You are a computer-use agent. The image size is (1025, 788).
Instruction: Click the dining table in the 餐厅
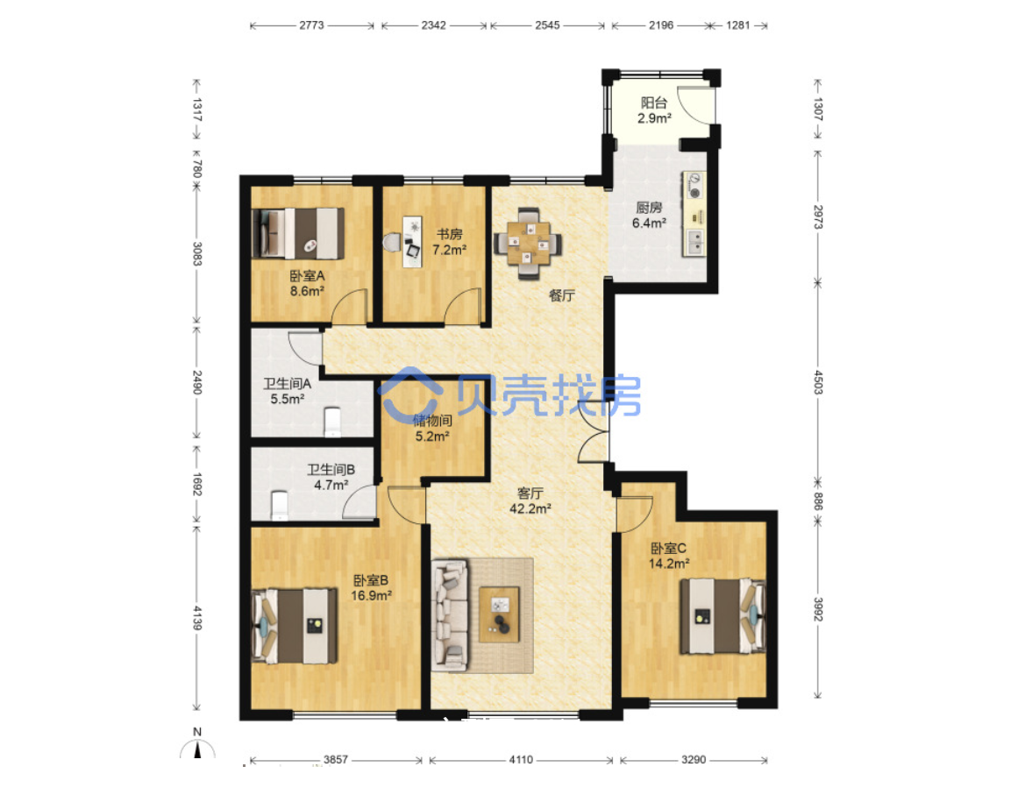pyautogui.click(x=528, y=243)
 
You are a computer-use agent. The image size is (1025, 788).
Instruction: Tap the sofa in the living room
pyautogui.click(x=451, y=614)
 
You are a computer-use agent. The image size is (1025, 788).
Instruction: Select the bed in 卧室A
pyautogui.click(x=299, y=233)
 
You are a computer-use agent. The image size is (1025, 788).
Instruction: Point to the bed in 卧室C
pyautogui.click(x=722, y=615)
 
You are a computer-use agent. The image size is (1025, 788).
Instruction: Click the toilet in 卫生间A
pyautogui.click(x=332, y=422)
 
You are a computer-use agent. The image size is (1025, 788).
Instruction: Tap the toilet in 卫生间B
pyautogui.click(x=280, y=505)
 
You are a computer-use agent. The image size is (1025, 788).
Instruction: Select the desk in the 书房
pyautogui.click(x=412, y=242)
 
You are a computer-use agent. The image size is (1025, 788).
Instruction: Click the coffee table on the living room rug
pyautogui.click(x=500, y=614)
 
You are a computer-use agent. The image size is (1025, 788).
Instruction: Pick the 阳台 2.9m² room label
pyautogui.click(x=654, y=110)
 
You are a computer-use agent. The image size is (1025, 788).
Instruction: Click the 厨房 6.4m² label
pyautogui.click(x=649, y=215)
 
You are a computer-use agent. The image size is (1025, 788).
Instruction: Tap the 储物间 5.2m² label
pyautogui.click(x=432, y=428)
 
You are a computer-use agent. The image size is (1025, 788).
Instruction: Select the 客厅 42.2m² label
pyautogui.click(x=530, y=500)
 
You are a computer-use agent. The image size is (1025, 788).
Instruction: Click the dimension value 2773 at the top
pyautogui.click(x=311, y=25)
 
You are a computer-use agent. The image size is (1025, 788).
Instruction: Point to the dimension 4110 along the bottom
pyautogui.click(x=521, y=759)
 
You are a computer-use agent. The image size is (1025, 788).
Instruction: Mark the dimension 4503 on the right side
pyautogui.click(x=818, y=381)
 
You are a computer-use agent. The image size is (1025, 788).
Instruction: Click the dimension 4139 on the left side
pyautogui.click(x=196, y=617)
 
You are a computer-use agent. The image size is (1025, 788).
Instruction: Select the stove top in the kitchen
pyautogui.click(x=694, y=185)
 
